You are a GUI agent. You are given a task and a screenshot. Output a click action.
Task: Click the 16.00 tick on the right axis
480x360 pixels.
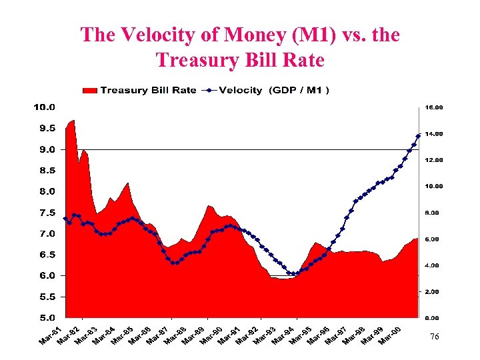435,107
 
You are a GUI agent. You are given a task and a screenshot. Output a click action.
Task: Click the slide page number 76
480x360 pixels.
434,338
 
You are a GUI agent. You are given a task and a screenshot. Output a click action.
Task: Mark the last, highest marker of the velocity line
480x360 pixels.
418,136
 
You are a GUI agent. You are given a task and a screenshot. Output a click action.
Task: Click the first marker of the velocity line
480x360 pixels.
65,219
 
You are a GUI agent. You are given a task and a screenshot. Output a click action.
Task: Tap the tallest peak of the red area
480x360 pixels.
73,121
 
